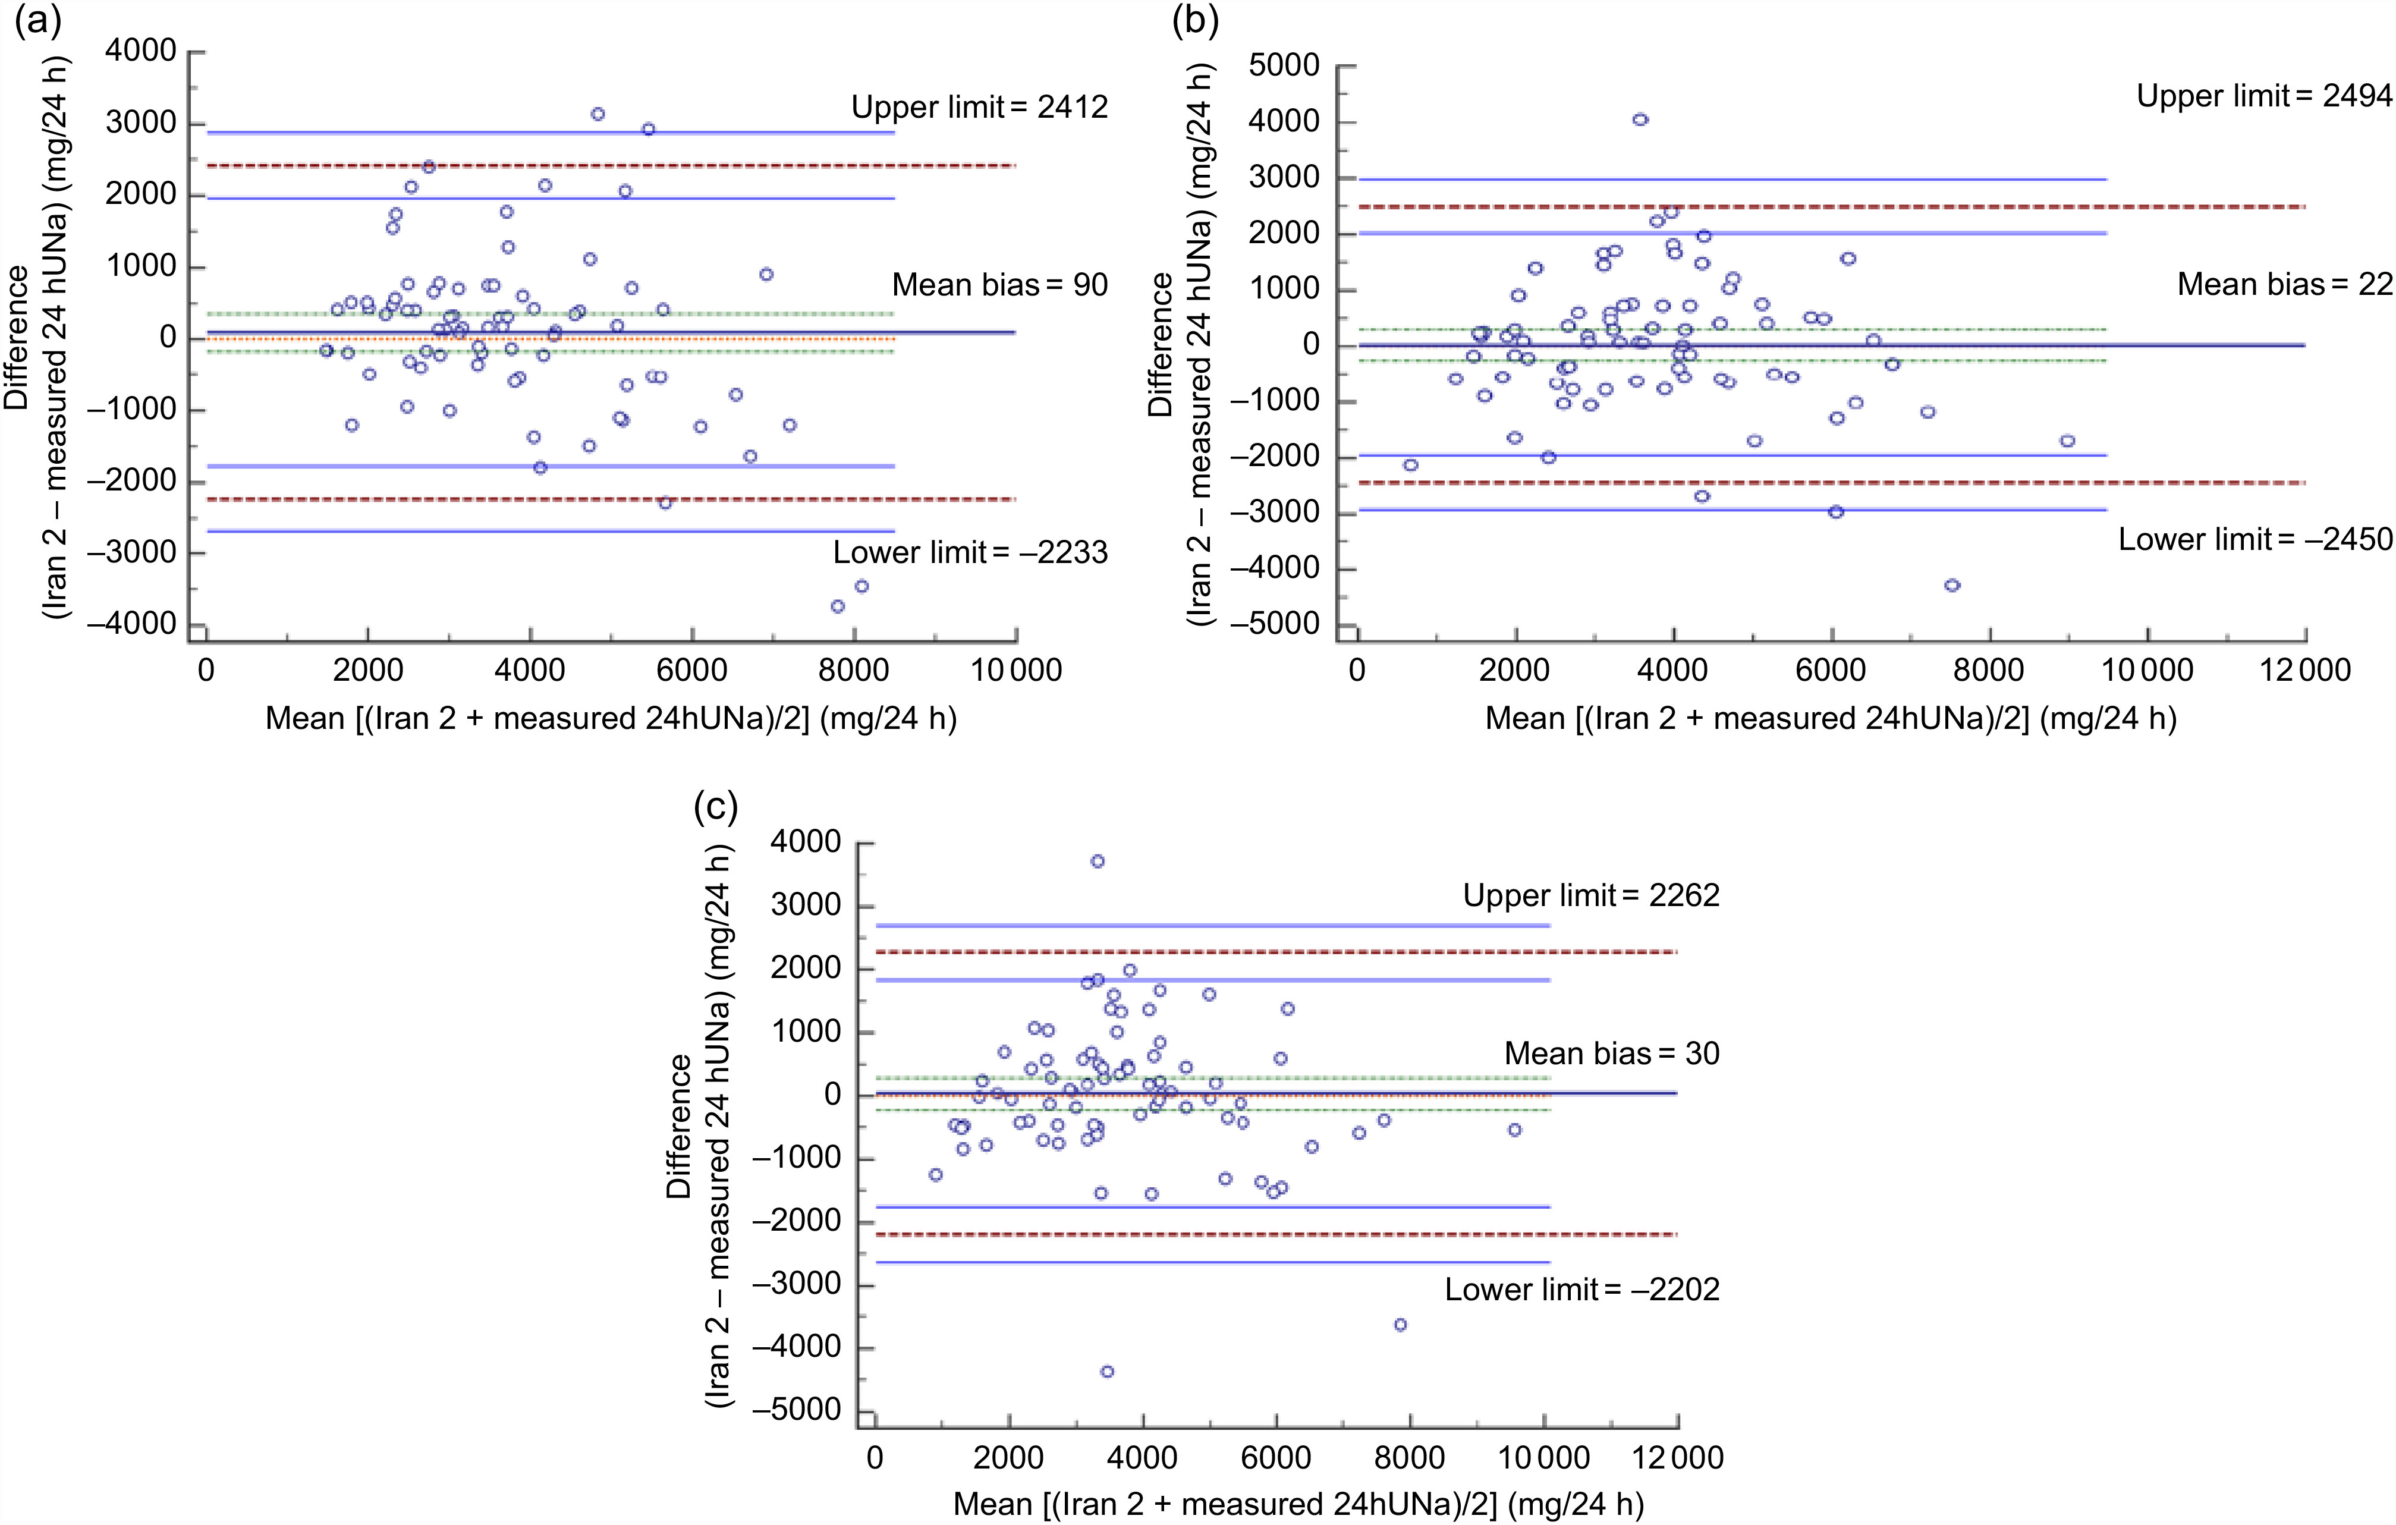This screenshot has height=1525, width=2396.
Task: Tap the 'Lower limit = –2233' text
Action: pos(970,552)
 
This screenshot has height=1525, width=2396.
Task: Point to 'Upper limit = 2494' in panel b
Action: pos(2263,96)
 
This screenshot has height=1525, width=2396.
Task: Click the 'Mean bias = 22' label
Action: pos(2284,285)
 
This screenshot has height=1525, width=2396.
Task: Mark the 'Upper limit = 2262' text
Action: pos(1590,895)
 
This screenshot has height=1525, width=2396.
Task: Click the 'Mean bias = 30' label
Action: pos(1611,1054)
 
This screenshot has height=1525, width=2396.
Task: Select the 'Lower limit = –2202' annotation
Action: pos(1581,1289)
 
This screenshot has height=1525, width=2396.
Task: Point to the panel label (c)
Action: pos(715,806)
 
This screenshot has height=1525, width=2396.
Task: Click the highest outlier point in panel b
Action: pos(1640,120)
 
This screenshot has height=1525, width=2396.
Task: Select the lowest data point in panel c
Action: pos(1106,1372)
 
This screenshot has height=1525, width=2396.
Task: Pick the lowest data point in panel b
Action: pos(1952,585)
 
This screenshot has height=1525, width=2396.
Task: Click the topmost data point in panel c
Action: pos(1098,861)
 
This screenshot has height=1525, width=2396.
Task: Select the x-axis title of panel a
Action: pos(611,718)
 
